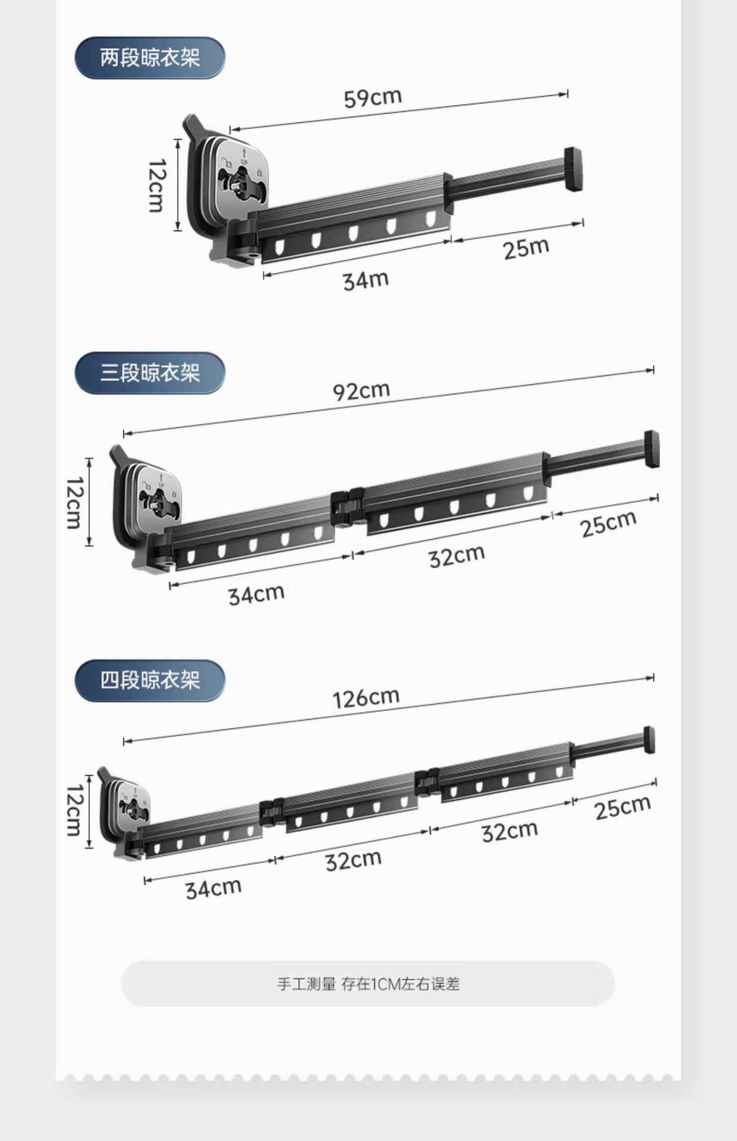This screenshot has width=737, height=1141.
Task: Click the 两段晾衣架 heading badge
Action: (x=150, y=58)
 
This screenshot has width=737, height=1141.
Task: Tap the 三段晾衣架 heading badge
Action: (x=150, y=373)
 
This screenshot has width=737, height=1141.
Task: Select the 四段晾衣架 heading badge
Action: (x=150, y=680)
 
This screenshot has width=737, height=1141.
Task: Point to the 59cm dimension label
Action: (x=373, y=97)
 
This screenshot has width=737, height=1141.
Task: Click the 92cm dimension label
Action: (x=361, y=391)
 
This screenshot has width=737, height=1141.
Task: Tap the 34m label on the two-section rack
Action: (x=366, y=280)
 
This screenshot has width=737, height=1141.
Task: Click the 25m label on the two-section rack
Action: (x=526, y=248)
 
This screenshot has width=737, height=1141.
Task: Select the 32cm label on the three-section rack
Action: (x=456, y=556)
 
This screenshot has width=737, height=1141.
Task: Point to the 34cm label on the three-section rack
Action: (x=256, y=594)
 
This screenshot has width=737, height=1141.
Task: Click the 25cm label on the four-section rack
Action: (x=622, y=808)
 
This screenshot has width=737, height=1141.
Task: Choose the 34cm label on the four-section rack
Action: (x=213, y=888)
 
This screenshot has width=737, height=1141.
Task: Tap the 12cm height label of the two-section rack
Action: (x=157, y=185)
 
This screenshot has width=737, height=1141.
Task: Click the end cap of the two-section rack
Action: (x=573, y=169)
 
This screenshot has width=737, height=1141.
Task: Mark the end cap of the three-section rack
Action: (x=651, y=449)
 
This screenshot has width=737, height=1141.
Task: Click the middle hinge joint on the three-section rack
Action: (x=347, y=508)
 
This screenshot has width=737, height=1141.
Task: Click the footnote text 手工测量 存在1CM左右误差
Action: (x=368, y=984)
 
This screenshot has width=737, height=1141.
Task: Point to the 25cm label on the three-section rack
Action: (x=608, y=524)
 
